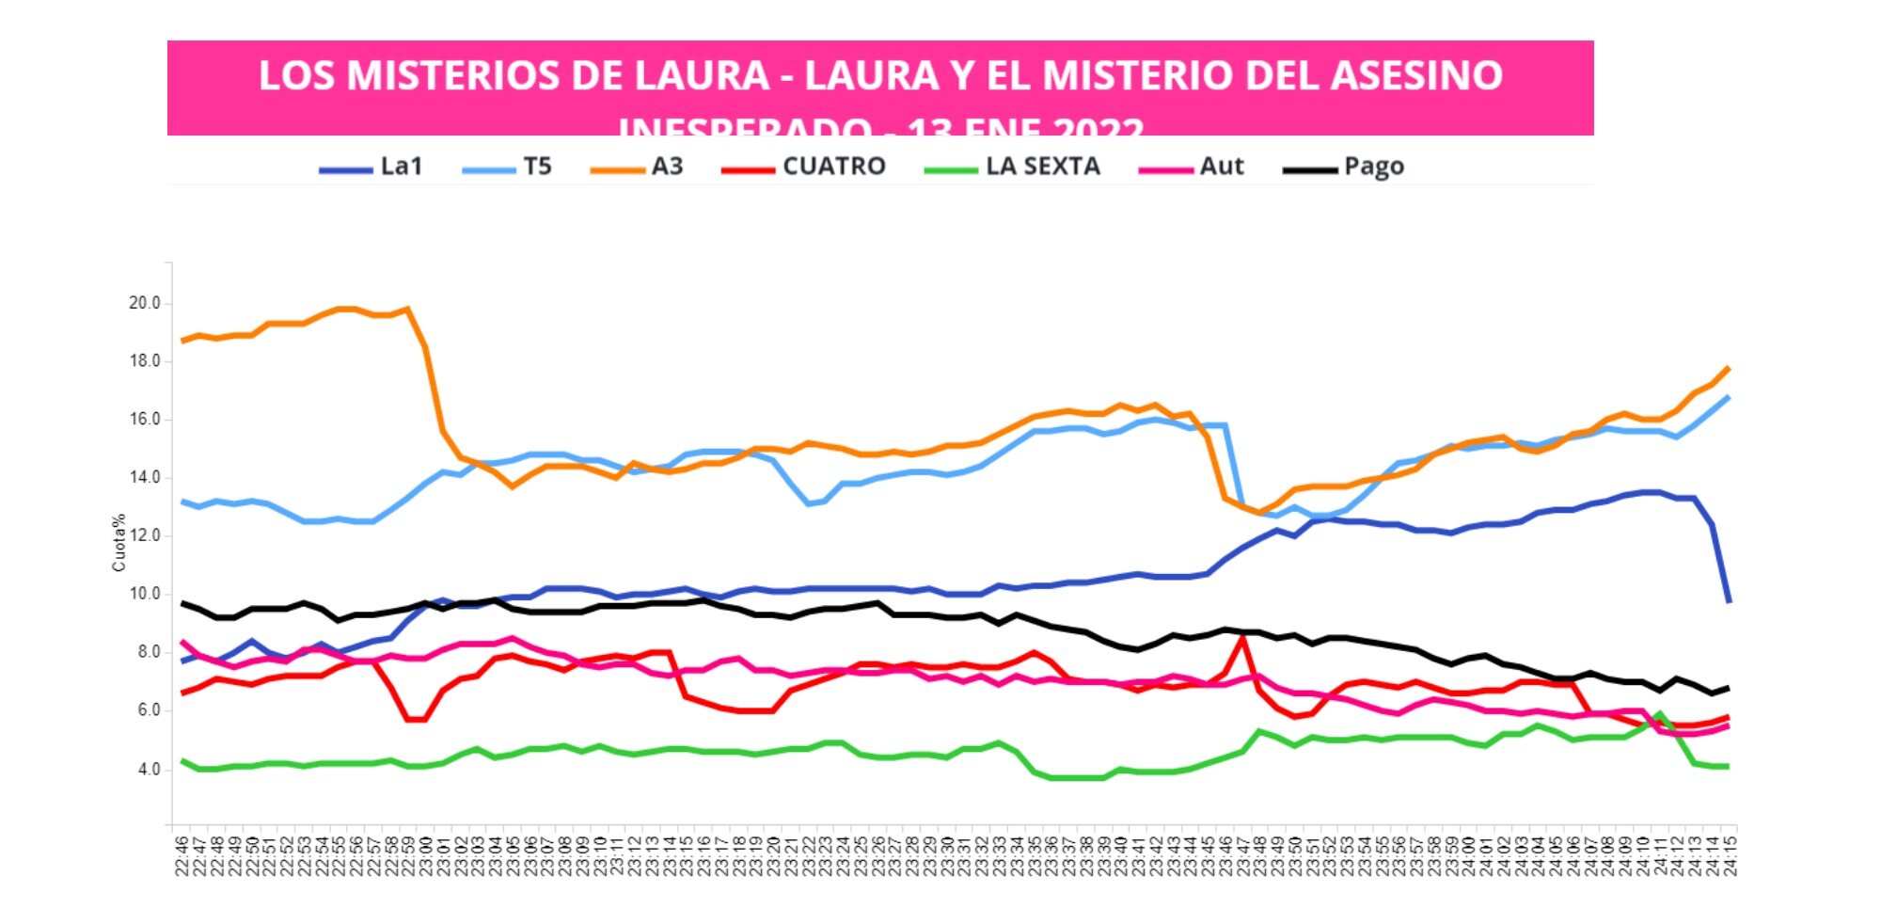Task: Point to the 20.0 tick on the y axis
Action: click(x=144, y=303)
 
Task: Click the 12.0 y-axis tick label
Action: click(x=144, y=536)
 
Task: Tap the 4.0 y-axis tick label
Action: click(x=148, y=770)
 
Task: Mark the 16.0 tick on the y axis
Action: click(x=144, y=420)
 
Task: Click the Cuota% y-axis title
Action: click(x=119, y=543)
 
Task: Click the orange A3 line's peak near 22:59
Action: click(x=406, y=308)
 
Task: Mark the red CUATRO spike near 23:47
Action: click(x=1242, y=637)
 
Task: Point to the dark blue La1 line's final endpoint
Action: click(x=1729, y=601)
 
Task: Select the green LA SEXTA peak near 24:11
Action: click(x=1660, y=714)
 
